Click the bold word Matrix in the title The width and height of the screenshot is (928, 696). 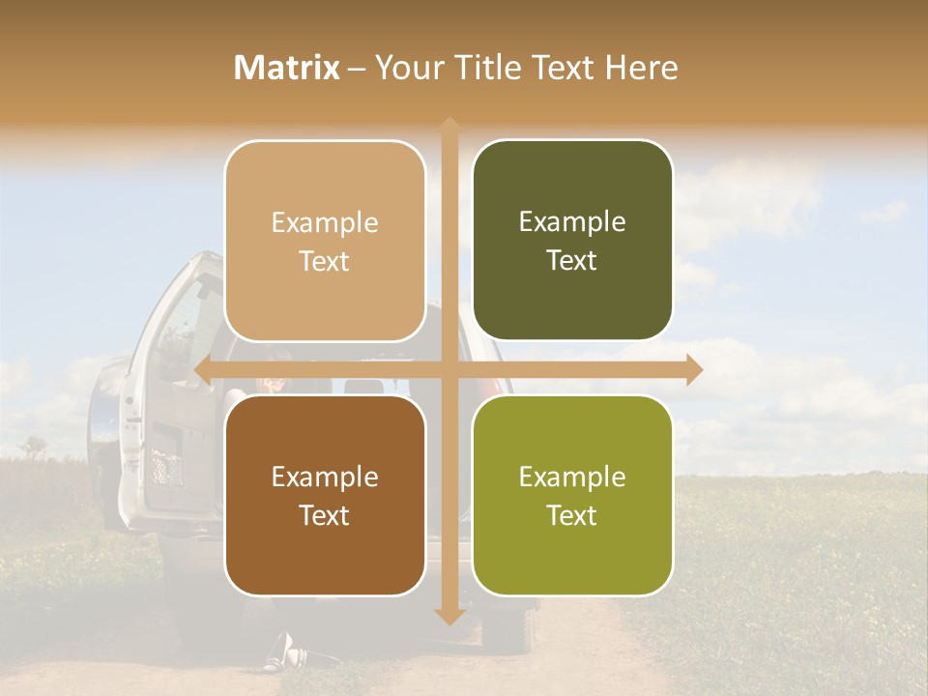(x=287, y=68)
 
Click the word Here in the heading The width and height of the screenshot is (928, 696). (x=641, y=68)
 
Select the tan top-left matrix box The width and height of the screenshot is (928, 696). (x=325, y=241)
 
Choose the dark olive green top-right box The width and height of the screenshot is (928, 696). (x=572, y=241)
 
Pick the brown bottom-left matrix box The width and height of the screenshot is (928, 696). (x=325, y=495)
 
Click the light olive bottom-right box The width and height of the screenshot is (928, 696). (x=572, y=495)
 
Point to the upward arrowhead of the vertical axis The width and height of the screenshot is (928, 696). (x=449, y=126)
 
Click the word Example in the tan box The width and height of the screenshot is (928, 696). (x=325, y=222)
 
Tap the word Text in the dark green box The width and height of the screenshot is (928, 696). (x=572, y=260)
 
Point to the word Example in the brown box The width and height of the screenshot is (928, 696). (x=325, y=477)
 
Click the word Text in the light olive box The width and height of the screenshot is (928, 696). (x=572, y=515)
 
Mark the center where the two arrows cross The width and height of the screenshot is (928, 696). (x=449, y=369)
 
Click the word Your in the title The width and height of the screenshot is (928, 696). (x=402, y=68)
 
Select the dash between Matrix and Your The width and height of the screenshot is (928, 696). (x=357, y=69)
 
